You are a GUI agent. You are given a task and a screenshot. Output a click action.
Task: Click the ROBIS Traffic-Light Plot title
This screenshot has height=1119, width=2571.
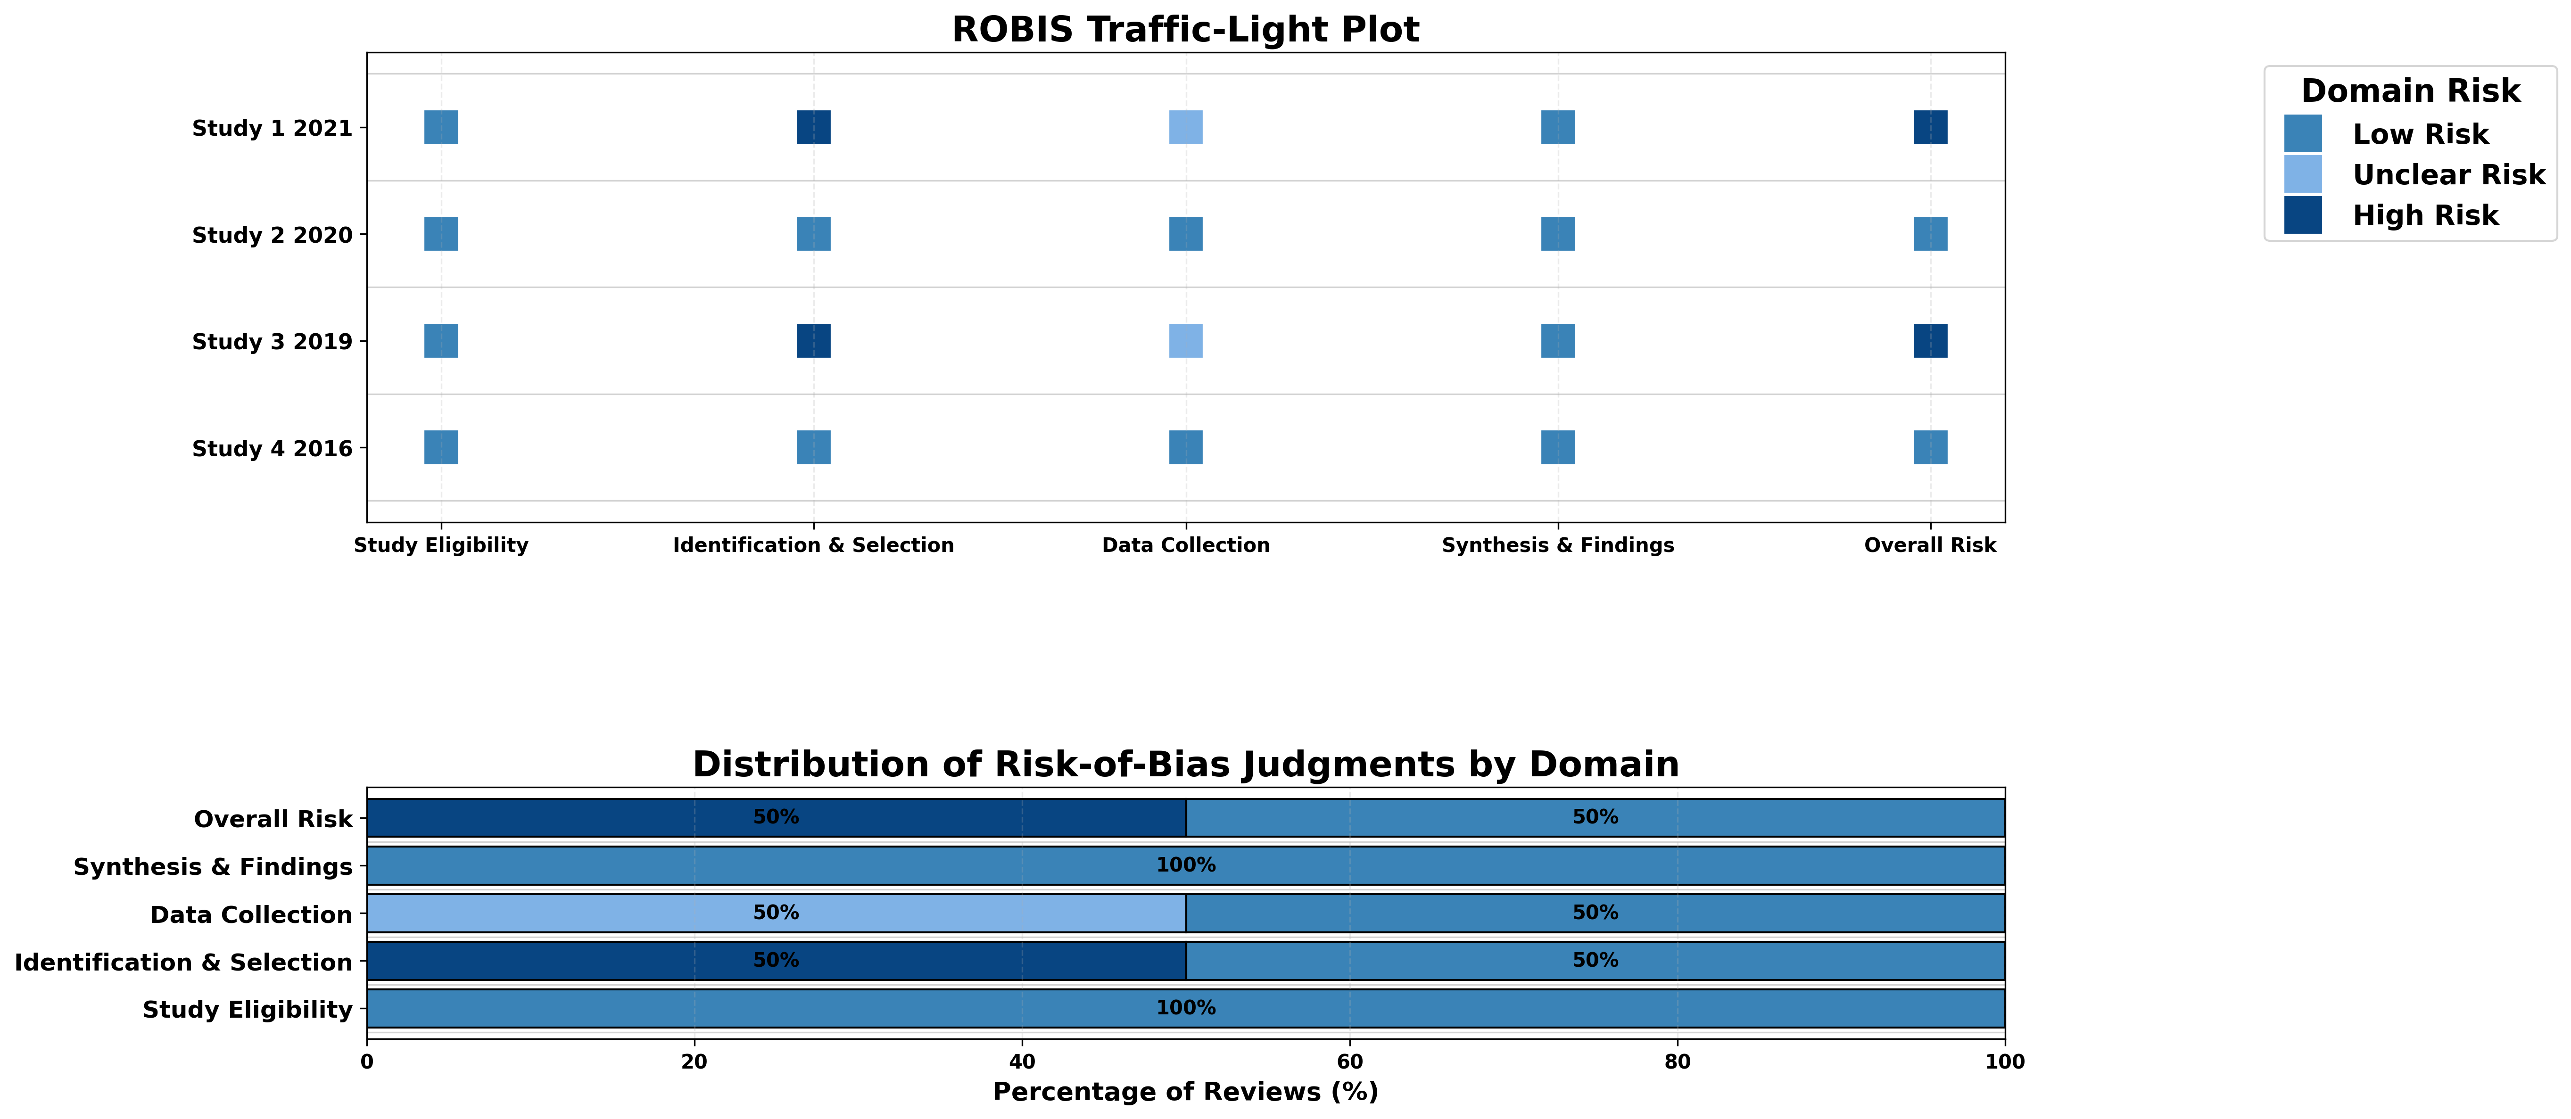[x=1185, y=30]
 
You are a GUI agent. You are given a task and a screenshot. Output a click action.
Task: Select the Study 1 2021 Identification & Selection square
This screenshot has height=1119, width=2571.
[x=813, y=128]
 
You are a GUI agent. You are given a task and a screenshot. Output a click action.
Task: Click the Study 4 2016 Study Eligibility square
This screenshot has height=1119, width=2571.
[x=441, y=447]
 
